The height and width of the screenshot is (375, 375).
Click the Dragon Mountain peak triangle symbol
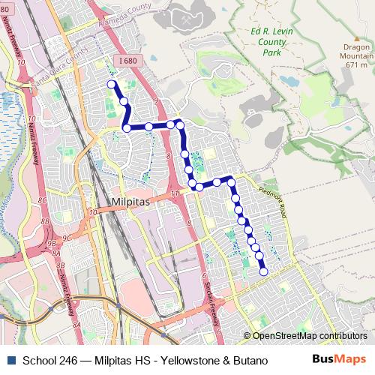click(357, 38)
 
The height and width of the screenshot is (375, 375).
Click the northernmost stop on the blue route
click(112, 84)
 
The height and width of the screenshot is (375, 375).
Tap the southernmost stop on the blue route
click(263, 272)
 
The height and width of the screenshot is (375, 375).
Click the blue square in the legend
click(10, 361)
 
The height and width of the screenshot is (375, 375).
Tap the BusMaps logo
click(339, 361)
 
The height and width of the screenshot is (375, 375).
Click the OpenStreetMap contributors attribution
click(310, 335)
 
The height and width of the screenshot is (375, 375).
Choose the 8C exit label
click(43, 202)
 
